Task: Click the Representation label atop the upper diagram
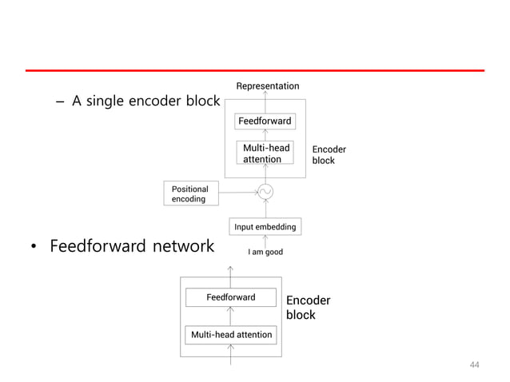pyautogui.click(x=268, y=86)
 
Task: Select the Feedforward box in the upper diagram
pyautogui.click(x=265, y=121)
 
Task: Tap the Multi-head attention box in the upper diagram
pyautogui.click(x=265, y=153)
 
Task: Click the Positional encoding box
pyautogui.click(x=190, y=194)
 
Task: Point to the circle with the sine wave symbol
pyautogui.click(x=265, y=192)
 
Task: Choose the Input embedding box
pyautogui.click(x=265, y=227)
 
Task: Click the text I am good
pyautogui.click(x=265, y=253)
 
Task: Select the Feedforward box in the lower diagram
pyautogui.click(x=231, y=297)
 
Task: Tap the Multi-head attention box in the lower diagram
pyautogui.click(x=231, y=335)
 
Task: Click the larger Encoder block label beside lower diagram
pyautogui.click(x=308, y=308)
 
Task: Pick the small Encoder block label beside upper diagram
pyautogui.click(x=329, y=155)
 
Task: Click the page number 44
pyautogui.click(x=475, y=365)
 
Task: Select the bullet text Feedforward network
pyautogui.click(x=132, y=246)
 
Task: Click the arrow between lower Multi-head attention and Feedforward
pyautogui.click(x=231, y=316)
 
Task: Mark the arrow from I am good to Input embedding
pyautogui.click(x=265, y=241)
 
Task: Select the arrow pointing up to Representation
pyautogui.click(x=265, y=96)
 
